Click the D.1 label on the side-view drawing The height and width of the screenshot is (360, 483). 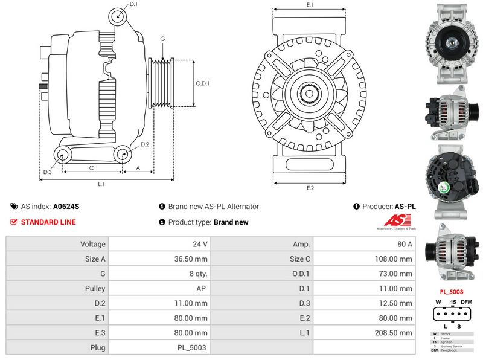point(133,4)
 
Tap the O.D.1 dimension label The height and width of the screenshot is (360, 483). point(202,83)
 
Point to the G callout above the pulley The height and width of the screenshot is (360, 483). point(162,39)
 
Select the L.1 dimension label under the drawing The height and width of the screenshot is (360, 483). point(101,184)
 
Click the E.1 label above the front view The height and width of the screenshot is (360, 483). point(310,5)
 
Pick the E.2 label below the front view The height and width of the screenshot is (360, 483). point(310,188)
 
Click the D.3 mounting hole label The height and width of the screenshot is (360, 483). point(47,172)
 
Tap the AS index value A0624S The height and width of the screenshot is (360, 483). point(66,207)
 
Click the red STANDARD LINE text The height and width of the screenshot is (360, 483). point(48,222)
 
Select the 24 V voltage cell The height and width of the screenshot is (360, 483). point(200,244)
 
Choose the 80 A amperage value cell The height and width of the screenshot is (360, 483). point(405,244)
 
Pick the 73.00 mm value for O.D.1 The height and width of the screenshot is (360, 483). point(399,274)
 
